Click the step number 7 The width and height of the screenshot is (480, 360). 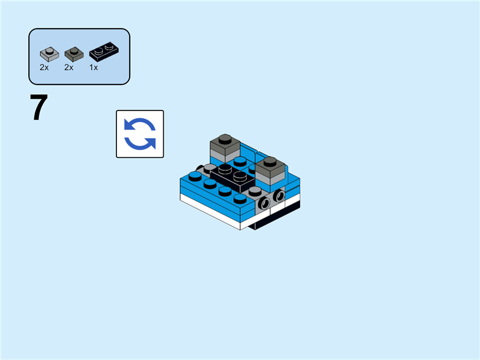click(39, 109)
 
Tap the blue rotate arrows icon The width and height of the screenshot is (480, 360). click(140, 134)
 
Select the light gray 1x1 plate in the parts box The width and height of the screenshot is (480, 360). click(48, 54)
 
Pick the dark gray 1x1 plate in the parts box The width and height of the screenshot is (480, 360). click(73, 54)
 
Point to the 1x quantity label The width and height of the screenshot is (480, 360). click(94, 68)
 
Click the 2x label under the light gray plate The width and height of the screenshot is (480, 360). click(44, 68)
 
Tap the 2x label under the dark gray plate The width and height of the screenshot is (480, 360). click(69, 68)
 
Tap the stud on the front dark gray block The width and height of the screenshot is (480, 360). click(270, 161)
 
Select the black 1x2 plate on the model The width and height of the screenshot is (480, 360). click(233, 175)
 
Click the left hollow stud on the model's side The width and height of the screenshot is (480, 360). click(263, 203)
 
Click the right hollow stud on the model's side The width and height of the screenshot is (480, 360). click(279, 196)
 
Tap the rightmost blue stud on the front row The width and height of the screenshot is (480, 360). click(240, 198)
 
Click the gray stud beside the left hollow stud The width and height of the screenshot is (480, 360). click(256, 191)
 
